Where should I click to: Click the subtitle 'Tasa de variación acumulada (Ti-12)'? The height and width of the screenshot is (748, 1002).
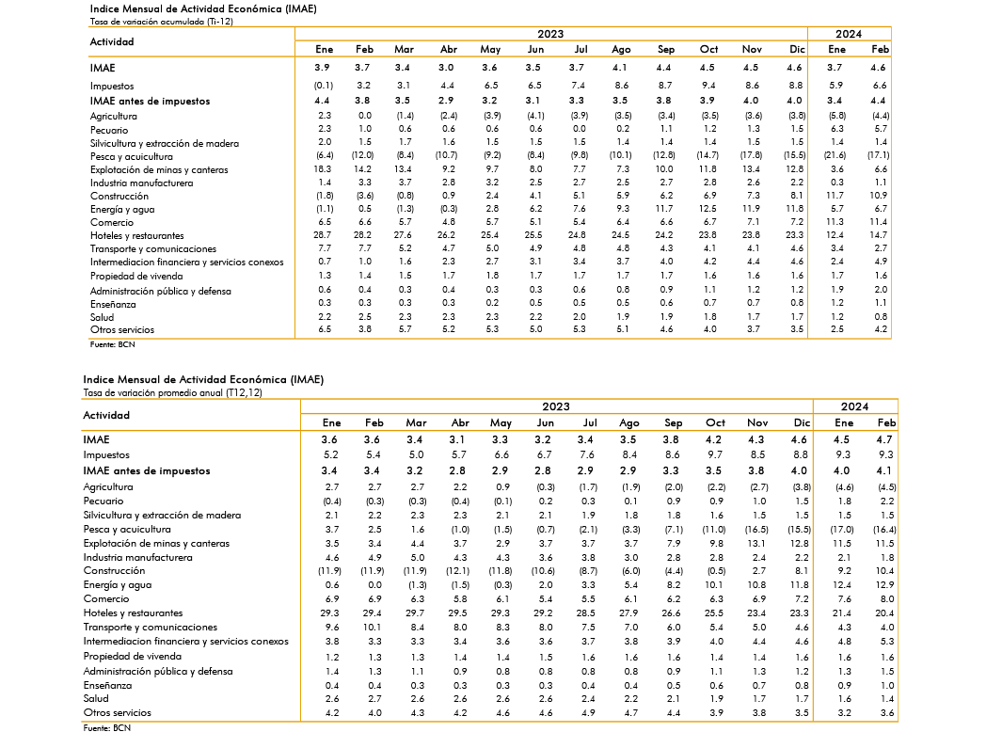pyautogui.click(x=162, y=21)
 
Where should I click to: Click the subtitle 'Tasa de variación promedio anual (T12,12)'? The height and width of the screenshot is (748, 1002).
pyautogui.click(x=172, y=392)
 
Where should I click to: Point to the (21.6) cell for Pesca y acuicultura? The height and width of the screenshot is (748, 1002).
pyautogui.click(x=835, y=155)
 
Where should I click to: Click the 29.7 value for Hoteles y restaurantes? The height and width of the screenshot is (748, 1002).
pyautogui.click(x=416, y=613)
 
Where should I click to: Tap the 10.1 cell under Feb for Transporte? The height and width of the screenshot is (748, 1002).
pyautogui.click(x=374, y=628)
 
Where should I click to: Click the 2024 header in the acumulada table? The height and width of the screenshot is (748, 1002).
pyautogui.click(x=849, y=34)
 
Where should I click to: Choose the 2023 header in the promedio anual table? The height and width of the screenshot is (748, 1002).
pyautogui.click(x=556, y=406)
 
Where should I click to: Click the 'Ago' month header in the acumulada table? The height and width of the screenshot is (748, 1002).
pyautogui.click(x=621, y=49)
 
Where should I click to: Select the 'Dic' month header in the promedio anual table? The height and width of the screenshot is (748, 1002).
pyautogui.click(x=802, y=422)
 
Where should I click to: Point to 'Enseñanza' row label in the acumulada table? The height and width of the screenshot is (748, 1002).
pyautogui.click(x=113, y=304)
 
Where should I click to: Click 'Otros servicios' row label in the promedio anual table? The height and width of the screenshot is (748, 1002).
pyautogui.click(x=118, y=713)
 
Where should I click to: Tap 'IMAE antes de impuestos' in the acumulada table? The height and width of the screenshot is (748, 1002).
pyautogui.click(x=151, y=101)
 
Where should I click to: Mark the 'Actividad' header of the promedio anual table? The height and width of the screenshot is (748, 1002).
pyautogui.click(x=106, y=415)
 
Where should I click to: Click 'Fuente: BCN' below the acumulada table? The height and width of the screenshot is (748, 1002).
pyautogui.click(x=113, y=344)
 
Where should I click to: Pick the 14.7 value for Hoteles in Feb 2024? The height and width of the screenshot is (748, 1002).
pyautogui.click(x=880, y=235)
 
